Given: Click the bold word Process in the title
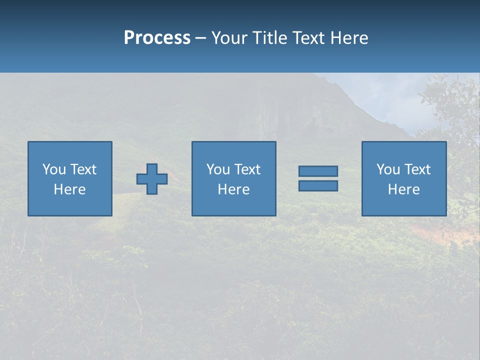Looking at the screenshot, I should click(157, 38).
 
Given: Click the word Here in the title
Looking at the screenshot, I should click(349, 38).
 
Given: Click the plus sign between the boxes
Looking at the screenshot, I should click(152, 179).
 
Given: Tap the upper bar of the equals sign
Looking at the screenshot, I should click(318, 171).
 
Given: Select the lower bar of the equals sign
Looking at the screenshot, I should click(318, 185).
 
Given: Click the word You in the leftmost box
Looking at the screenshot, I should click(54, 169).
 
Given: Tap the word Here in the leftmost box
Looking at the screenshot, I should click(70, 189).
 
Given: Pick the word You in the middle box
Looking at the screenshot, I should click(218, 169).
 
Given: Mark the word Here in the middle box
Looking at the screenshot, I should click(233, 189).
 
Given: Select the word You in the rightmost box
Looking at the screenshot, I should click(388, 169).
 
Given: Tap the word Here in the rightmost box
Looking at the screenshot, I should click(404, 189).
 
